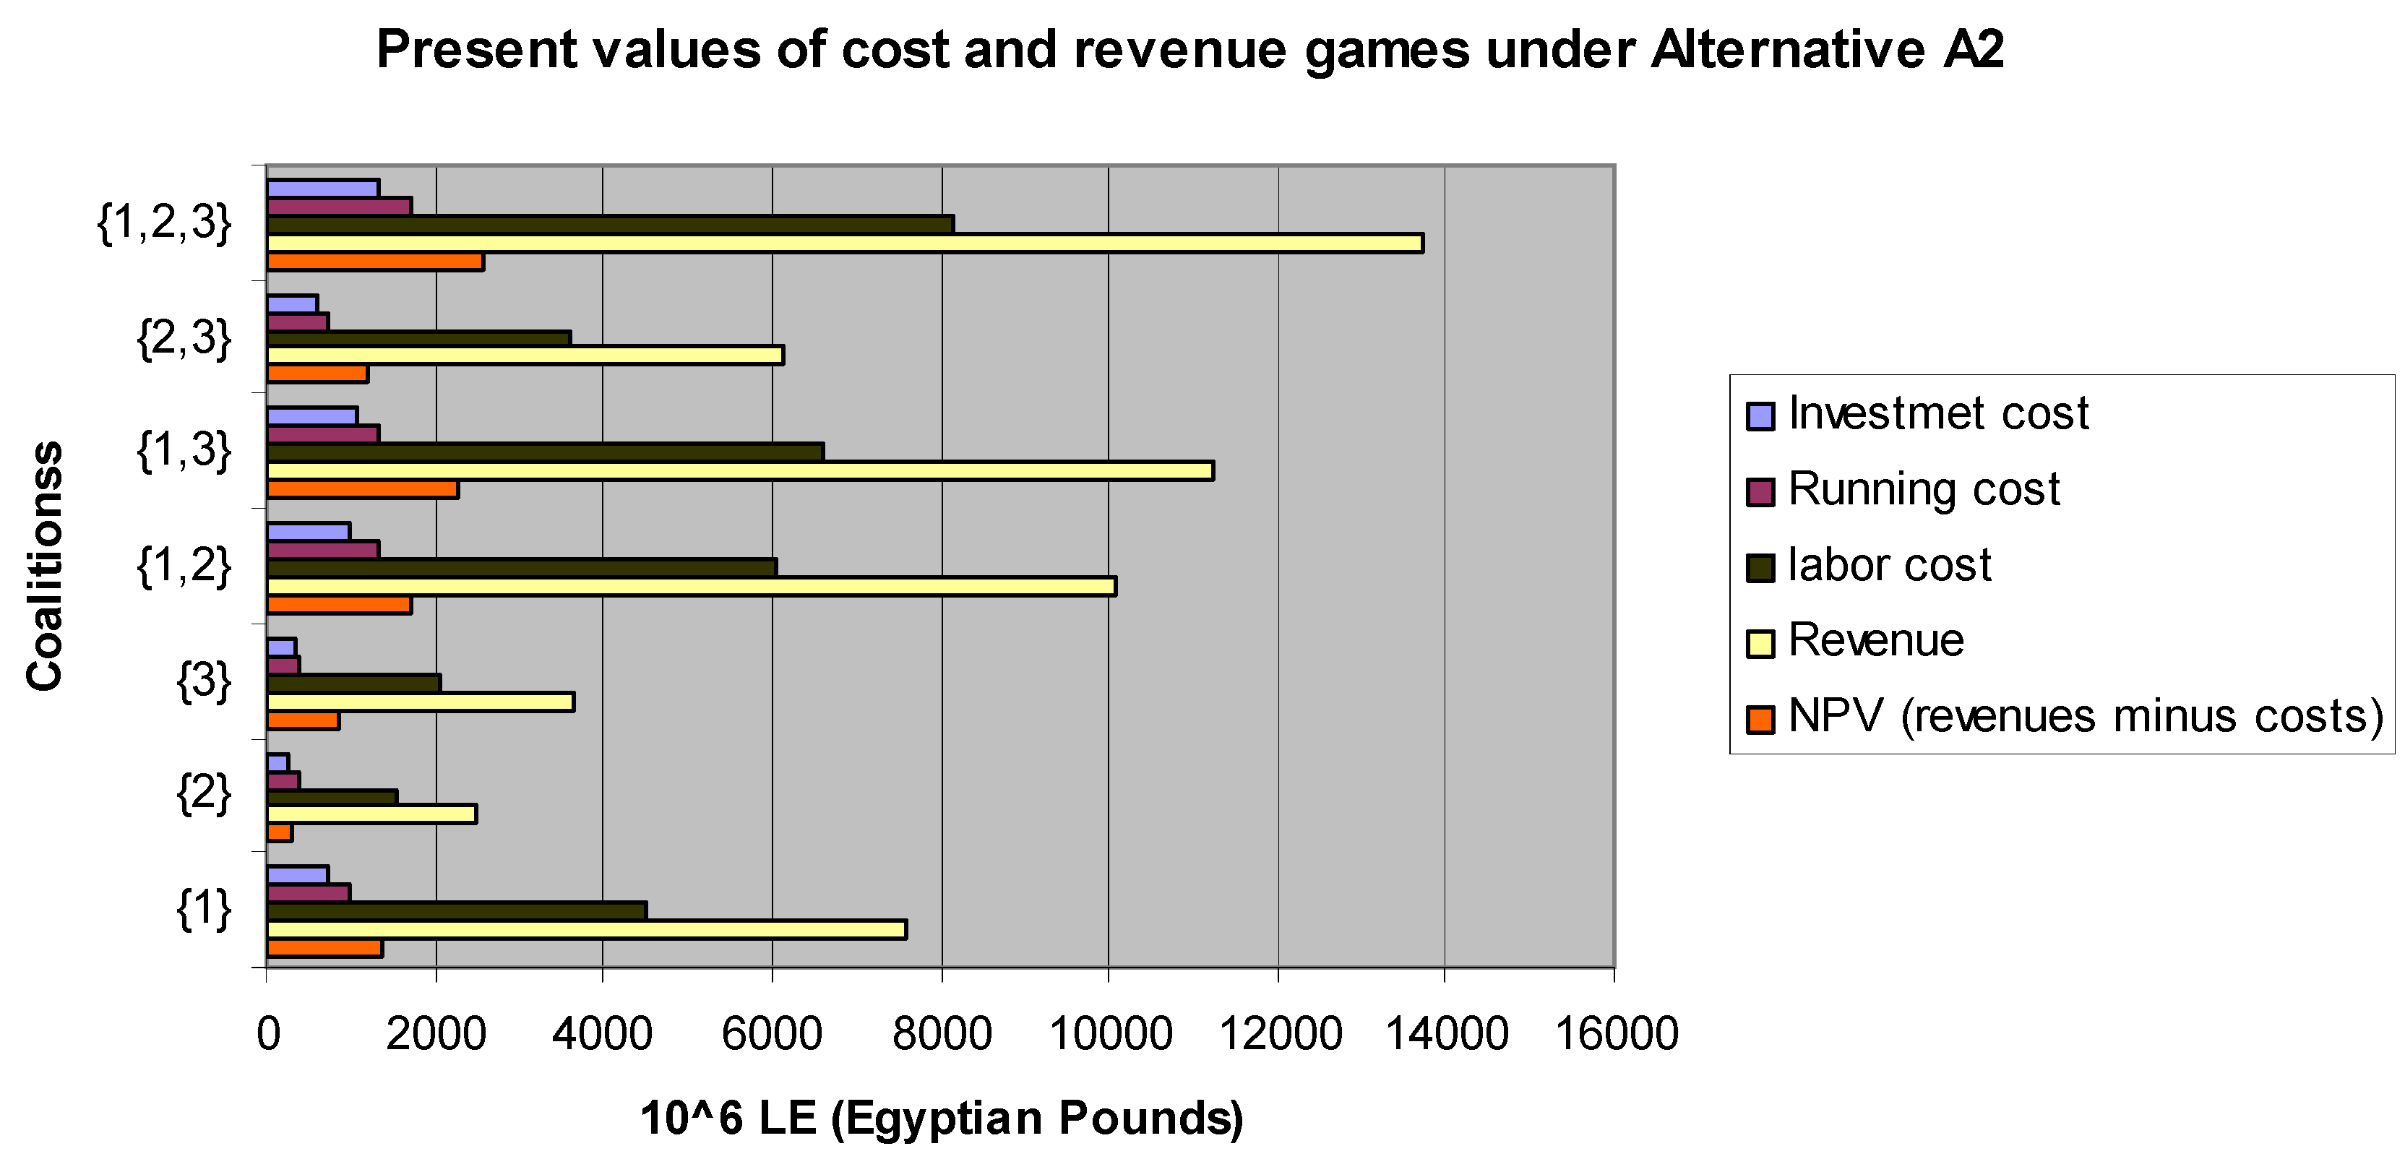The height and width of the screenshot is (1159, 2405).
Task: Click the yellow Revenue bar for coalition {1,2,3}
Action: (845, 244)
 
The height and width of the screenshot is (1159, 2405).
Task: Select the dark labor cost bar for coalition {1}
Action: (457, 910)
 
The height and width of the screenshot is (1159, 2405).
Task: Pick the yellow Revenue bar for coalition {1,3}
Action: (740, 470)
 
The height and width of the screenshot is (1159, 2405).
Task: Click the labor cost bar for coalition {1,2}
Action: (522, 567)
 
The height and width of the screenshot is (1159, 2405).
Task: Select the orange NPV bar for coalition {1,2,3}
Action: (375, 262)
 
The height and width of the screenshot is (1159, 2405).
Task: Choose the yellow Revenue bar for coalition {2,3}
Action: (525, 356)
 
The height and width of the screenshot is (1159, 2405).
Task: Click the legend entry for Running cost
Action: (1923, 490)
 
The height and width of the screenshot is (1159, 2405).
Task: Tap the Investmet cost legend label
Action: (1937, 414)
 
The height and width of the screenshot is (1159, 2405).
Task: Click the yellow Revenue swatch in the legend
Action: (1760, 643)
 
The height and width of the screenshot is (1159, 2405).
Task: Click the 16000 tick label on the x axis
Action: (1616, 1034)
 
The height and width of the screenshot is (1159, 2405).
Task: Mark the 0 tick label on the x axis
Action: (268, 1034)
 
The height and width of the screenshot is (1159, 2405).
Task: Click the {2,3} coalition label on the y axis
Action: (184, 338)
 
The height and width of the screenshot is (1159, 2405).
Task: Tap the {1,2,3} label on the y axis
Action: (164, 224)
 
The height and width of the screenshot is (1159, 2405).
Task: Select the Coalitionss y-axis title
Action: (44, 566)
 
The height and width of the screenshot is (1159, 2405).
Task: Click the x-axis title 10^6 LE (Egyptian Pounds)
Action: (941, 1118)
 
